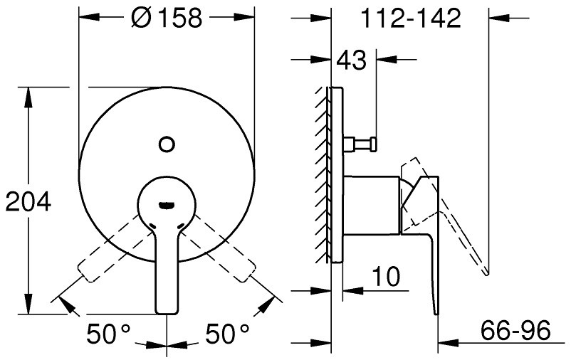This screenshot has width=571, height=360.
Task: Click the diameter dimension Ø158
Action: coord(167,18)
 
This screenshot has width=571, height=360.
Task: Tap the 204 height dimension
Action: coord(28,202)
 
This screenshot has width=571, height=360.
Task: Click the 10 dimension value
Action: coord(386,276)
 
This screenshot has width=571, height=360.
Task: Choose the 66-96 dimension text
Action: coord(515,330)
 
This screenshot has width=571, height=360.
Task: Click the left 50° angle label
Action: coord(108,334)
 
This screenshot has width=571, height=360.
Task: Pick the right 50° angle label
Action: coord(228,334)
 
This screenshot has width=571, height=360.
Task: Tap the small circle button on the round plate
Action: coord(167,144)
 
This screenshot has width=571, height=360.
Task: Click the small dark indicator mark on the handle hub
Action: coord(167,206)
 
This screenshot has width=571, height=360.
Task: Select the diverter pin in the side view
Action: coord(360,143)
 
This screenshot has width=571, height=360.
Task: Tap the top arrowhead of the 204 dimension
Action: coord(28,97)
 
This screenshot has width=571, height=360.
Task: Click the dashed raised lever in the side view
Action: coord(444,214)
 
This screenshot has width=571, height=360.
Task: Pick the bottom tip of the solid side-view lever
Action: coord(436,314)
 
